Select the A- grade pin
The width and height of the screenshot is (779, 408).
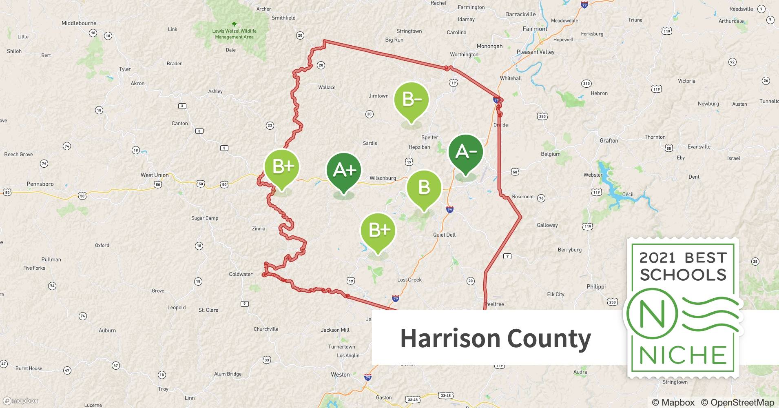point(465,152)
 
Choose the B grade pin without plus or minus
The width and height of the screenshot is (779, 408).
point(424,187)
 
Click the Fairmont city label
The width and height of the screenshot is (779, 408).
point(535,29)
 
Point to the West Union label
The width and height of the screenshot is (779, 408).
point(155,175)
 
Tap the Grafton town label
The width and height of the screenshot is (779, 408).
point(609,141)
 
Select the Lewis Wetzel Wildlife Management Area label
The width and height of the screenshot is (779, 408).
point(234,34)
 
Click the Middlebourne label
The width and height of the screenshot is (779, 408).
point(79,23)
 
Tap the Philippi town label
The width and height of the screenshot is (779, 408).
point(596,287)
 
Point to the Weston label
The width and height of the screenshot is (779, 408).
point(340,375)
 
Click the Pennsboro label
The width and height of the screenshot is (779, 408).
point(40,184)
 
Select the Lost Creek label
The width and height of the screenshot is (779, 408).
point(409,280)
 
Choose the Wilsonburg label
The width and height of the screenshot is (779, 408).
point(383,178)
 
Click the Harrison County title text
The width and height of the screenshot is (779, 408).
point(495,339)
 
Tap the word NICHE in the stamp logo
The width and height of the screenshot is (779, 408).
point(683,355)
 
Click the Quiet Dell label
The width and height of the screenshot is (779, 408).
point(444,235)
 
